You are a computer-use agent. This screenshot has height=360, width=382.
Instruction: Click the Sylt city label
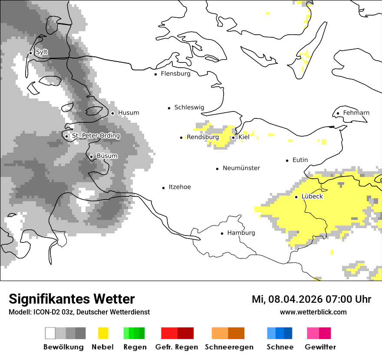pyautogui.click(x=42, y=52)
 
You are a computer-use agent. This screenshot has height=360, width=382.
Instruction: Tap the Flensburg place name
pyautogui.click(x=175, y=74)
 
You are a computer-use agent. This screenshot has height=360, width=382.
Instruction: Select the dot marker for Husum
pyautogui.click(x=112, y=113)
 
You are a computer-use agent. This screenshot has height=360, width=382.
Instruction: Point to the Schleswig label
pyautogui.click(x=189, y=108)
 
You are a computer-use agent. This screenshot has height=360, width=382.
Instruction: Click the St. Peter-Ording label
pyautogui.click(x=95, y=136)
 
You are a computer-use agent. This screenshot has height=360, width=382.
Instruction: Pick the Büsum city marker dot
pyautogui.click(x=91, y=157)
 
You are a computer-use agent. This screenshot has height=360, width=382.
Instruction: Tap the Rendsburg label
pyautogui.click(x=202, y=137)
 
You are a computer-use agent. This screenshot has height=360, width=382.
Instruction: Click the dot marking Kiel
pyautogui.click(x=233, y=137)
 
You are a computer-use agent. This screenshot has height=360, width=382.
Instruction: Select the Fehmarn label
pyautogui.click(x=356, y=113)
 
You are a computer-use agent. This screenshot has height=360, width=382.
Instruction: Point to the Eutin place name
pyautogui.click(x=300, y=160)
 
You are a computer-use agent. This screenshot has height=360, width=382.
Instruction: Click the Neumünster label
pyautogui.click(x=241, y=168)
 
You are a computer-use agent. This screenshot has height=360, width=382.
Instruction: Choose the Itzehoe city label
pyautogui.click(x=180, y=187)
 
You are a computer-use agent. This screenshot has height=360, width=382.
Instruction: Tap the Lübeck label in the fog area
pyautogui.click(x=312, y=196)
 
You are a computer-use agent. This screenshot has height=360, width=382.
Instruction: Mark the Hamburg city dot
pyautogui.click(x=222, y=233)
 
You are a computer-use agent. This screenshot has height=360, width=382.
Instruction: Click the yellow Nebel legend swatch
pyautogui.click(x=103, y=333)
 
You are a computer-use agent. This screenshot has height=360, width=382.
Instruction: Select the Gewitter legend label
pyautogui.click(x=320, y=347)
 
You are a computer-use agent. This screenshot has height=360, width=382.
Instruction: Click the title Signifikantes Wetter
pyautogui.click(x=72, y=299)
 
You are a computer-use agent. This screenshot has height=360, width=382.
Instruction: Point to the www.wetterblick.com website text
pyautogui.click(x=313, y=312)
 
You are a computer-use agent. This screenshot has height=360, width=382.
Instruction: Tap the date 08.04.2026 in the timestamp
pyautogui.click(x=292, y=299)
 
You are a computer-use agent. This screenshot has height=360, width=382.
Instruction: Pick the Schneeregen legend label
pyautogui.click(x=229, y=347)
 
